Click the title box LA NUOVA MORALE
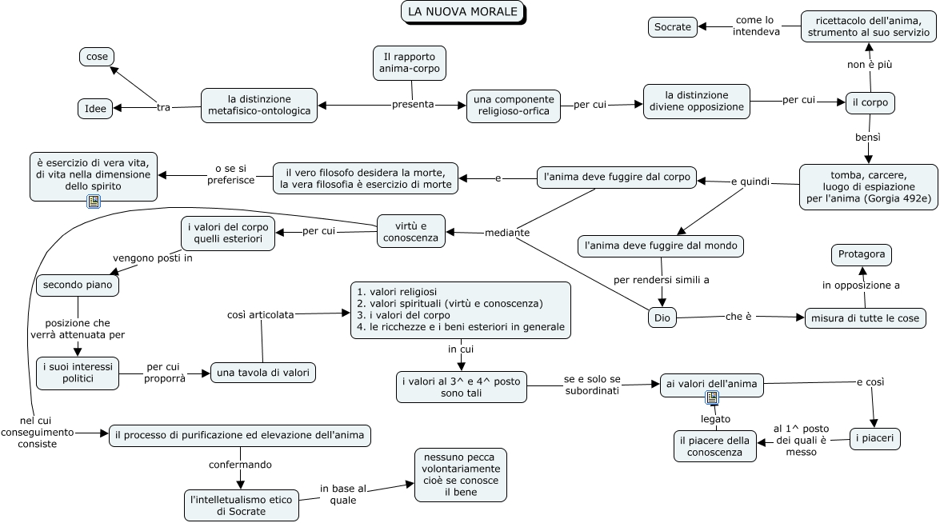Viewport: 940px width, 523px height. point(463,12)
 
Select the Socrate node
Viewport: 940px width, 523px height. point(673,27)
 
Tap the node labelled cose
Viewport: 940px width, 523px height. point(97,57)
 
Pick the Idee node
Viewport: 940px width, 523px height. point(95,109)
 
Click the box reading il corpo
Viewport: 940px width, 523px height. point(870,102)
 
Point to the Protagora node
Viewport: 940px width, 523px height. point(862,254)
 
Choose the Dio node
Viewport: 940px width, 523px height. point(662,317)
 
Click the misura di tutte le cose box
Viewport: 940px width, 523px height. point(865,318)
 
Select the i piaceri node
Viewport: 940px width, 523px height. point(874,438)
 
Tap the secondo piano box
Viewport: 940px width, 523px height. point(78,285)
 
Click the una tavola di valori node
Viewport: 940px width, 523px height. point(263,373)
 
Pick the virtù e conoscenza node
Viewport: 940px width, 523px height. point(410,232)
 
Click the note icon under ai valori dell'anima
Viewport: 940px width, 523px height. point(711,397)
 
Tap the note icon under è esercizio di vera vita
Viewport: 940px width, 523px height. point(94,202)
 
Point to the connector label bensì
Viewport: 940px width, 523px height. point(867,138)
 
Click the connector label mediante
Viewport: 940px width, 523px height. point(507,233)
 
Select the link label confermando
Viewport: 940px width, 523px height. point(240,465)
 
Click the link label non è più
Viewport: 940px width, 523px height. point(870,64)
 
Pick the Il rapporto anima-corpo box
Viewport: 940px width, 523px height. point(410,63)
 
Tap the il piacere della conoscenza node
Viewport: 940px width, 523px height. point(714,446)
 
